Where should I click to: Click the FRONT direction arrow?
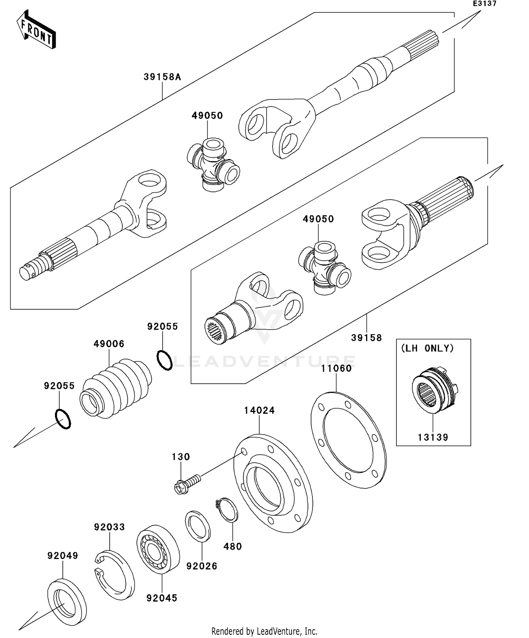pyautogui.click(x=36, y=30)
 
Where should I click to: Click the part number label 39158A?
pyautogui.click(x=162, y=77)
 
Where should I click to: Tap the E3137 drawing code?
pyautogui.click(x=485, y=4)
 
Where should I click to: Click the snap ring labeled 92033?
pyautogui.click(x=115, y=575)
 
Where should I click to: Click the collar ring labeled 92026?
pyautogui.click(x=198, y=525)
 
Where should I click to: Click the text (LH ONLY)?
pyautogui.click(x=427, y=348)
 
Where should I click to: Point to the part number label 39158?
pyautogui.click(x=366, y=338)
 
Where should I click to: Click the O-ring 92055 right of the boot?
pyautogui.click(x=165, y=360)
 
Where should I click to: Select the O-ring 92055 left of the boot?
pyautogui.click(x=63, y=419)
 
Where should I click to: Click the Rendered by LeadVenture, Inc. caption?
pyautogui.click(x=264, y=631)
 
